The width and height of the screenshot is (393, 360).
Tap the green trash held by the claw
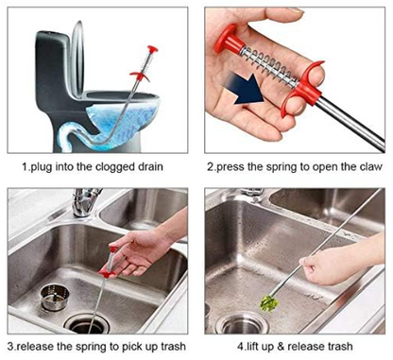[x=269, y=303]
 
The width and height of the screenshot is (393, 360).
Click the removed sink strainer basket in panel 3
[x=55, y=297]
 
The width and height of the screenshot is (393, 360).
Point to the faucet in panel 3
[x=84, y=201]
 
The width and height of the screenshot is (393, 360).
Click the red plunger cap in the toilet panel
[x=152, y=49]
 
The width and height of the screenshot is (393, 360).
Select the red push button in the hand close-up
[x=228, y=40]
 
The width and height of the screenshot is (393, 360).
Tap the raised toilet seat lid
[x=77, y=59]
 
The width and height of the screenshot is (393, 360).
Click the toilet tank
[x=52, y=64]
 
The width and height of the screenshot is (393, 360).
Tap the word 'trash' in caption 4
[x=339, y=347]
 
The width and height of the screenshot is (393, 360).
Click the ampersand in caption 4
[x=281, y=347]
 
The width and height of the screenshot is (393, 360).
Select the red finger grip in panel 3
[x=107, y=272]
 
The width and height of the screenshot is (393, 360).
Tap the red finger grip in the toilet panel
[x=140, y=76]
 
